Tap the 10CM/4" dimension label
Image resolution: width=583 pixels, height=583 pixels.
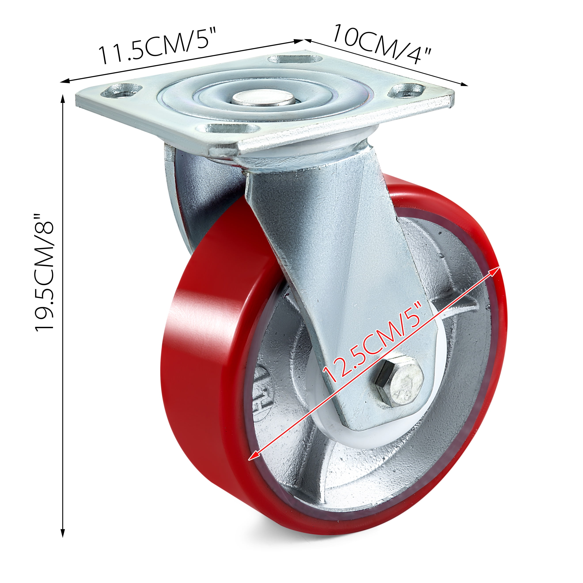(382, 44)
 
